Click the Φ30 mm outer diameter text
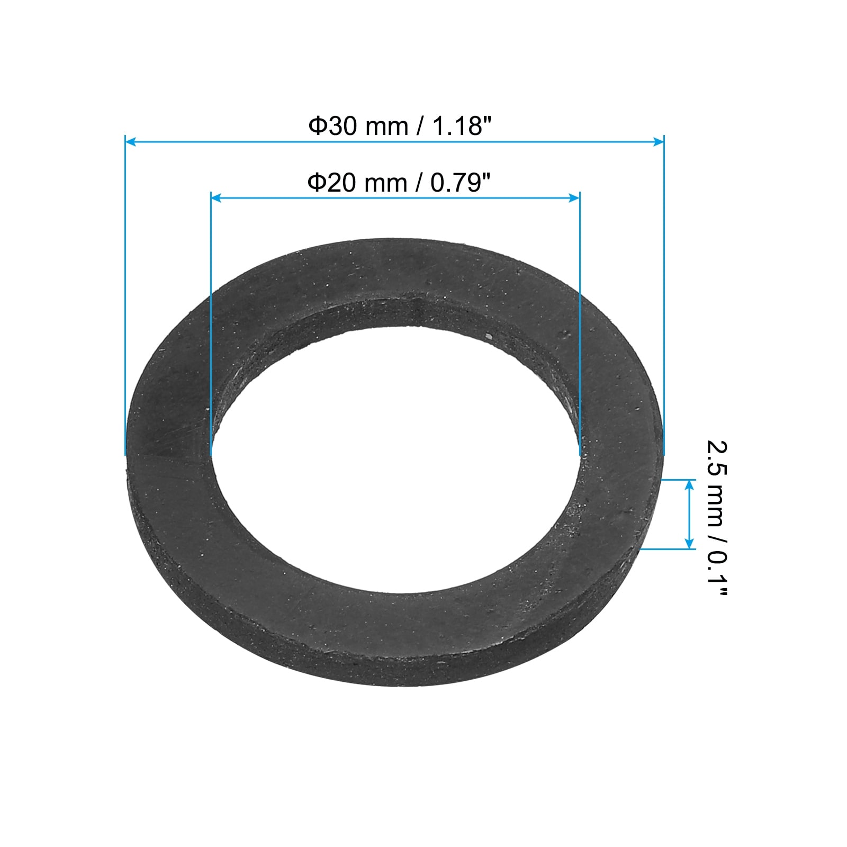pyautogui.click(x=358, y=127)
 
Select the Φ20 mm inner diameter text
pyautogui.click(x=358, y=184)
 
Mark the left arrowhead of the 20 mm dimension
pyautogui.click(x=217, y=198)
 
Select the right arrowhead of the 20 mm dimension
pyautogui.click(x=574, y=198)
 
